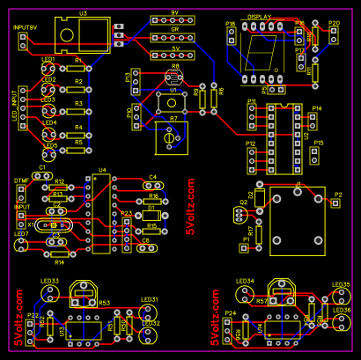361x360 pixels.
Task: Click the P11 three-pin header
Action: point(253,114)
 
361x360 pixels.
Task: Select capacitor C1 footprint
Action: point(41,175)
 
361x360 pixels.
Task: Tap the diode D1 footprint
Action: point(151,216)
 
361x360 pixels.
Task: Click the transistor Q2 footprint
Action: point(245,214)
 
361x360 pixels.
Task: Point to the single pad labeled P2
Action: point(335,202)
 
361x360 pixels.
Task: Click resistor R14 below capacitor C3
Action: point(59,253)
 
